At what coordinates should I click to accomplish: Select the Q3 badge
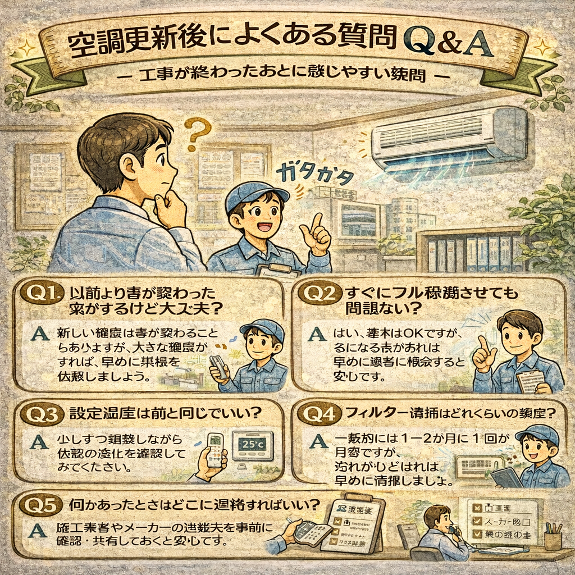click(x=44, y=414)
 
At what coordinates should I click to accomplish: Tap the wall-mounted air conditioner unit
click(x=450, y=137)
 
